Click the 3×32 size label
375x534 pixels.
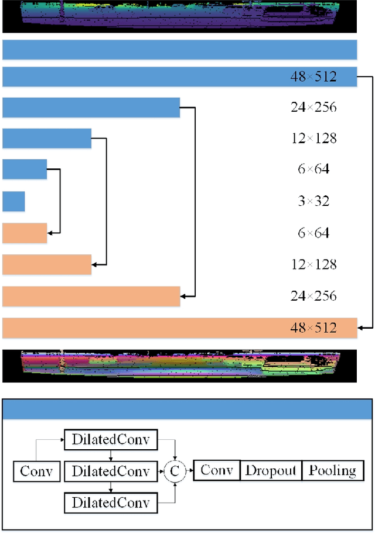(x=313, y=201)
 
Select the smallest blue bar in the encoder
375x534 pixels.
(x=13, y=201)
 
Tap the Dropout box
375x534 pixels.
(x=271, y=470)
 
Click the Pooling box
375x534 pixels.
(x=332, y=470)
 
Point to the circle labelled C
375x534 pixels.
(x=174, y=470)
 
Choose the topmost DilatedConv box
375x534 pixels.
(x=110, y=440)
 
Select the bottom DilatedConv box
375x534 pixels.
(x=110, y=502)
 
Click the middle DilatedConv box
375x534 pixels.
(x=110, y=471)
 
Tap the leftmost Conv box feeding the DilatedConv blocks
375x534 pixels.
(x=36, y=471)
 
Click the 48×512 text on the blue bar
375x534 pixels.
(x=313, y=77)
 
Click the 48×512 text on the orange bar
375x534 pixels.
(x=313, y=328)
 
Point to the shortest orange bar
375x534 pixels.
(x=25, y=233)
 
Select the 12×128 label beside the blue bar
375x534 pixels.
(x=313, y=139)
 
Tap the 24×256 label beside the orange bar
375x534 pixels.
(x=313, y=296)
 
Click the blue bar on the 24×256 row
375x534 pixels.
(x=91, y=108)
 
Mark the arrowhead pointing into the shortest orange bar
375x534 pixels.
(x=50, y=233)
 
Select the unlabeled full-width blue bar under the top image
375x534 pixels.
(x=180, y=50)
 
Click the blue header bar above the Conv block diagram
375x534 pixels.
(x=187, y=409)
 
